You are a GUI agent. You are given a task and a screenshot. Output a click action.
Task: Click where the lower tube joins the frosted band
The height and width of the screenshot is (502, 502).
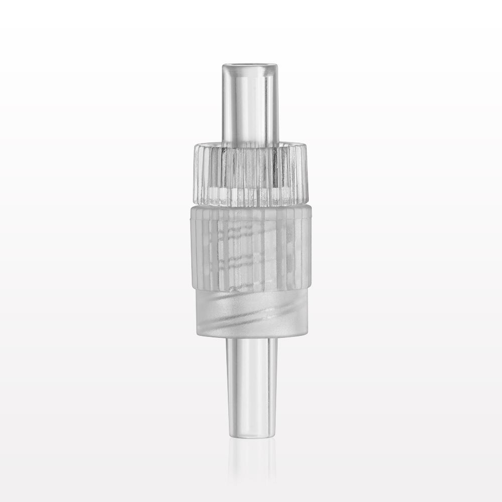coord(251,337)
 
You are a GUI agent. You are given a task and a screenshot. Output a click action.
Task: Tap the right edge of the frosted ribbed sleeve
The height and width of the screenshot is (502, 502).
coord(311,246)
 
